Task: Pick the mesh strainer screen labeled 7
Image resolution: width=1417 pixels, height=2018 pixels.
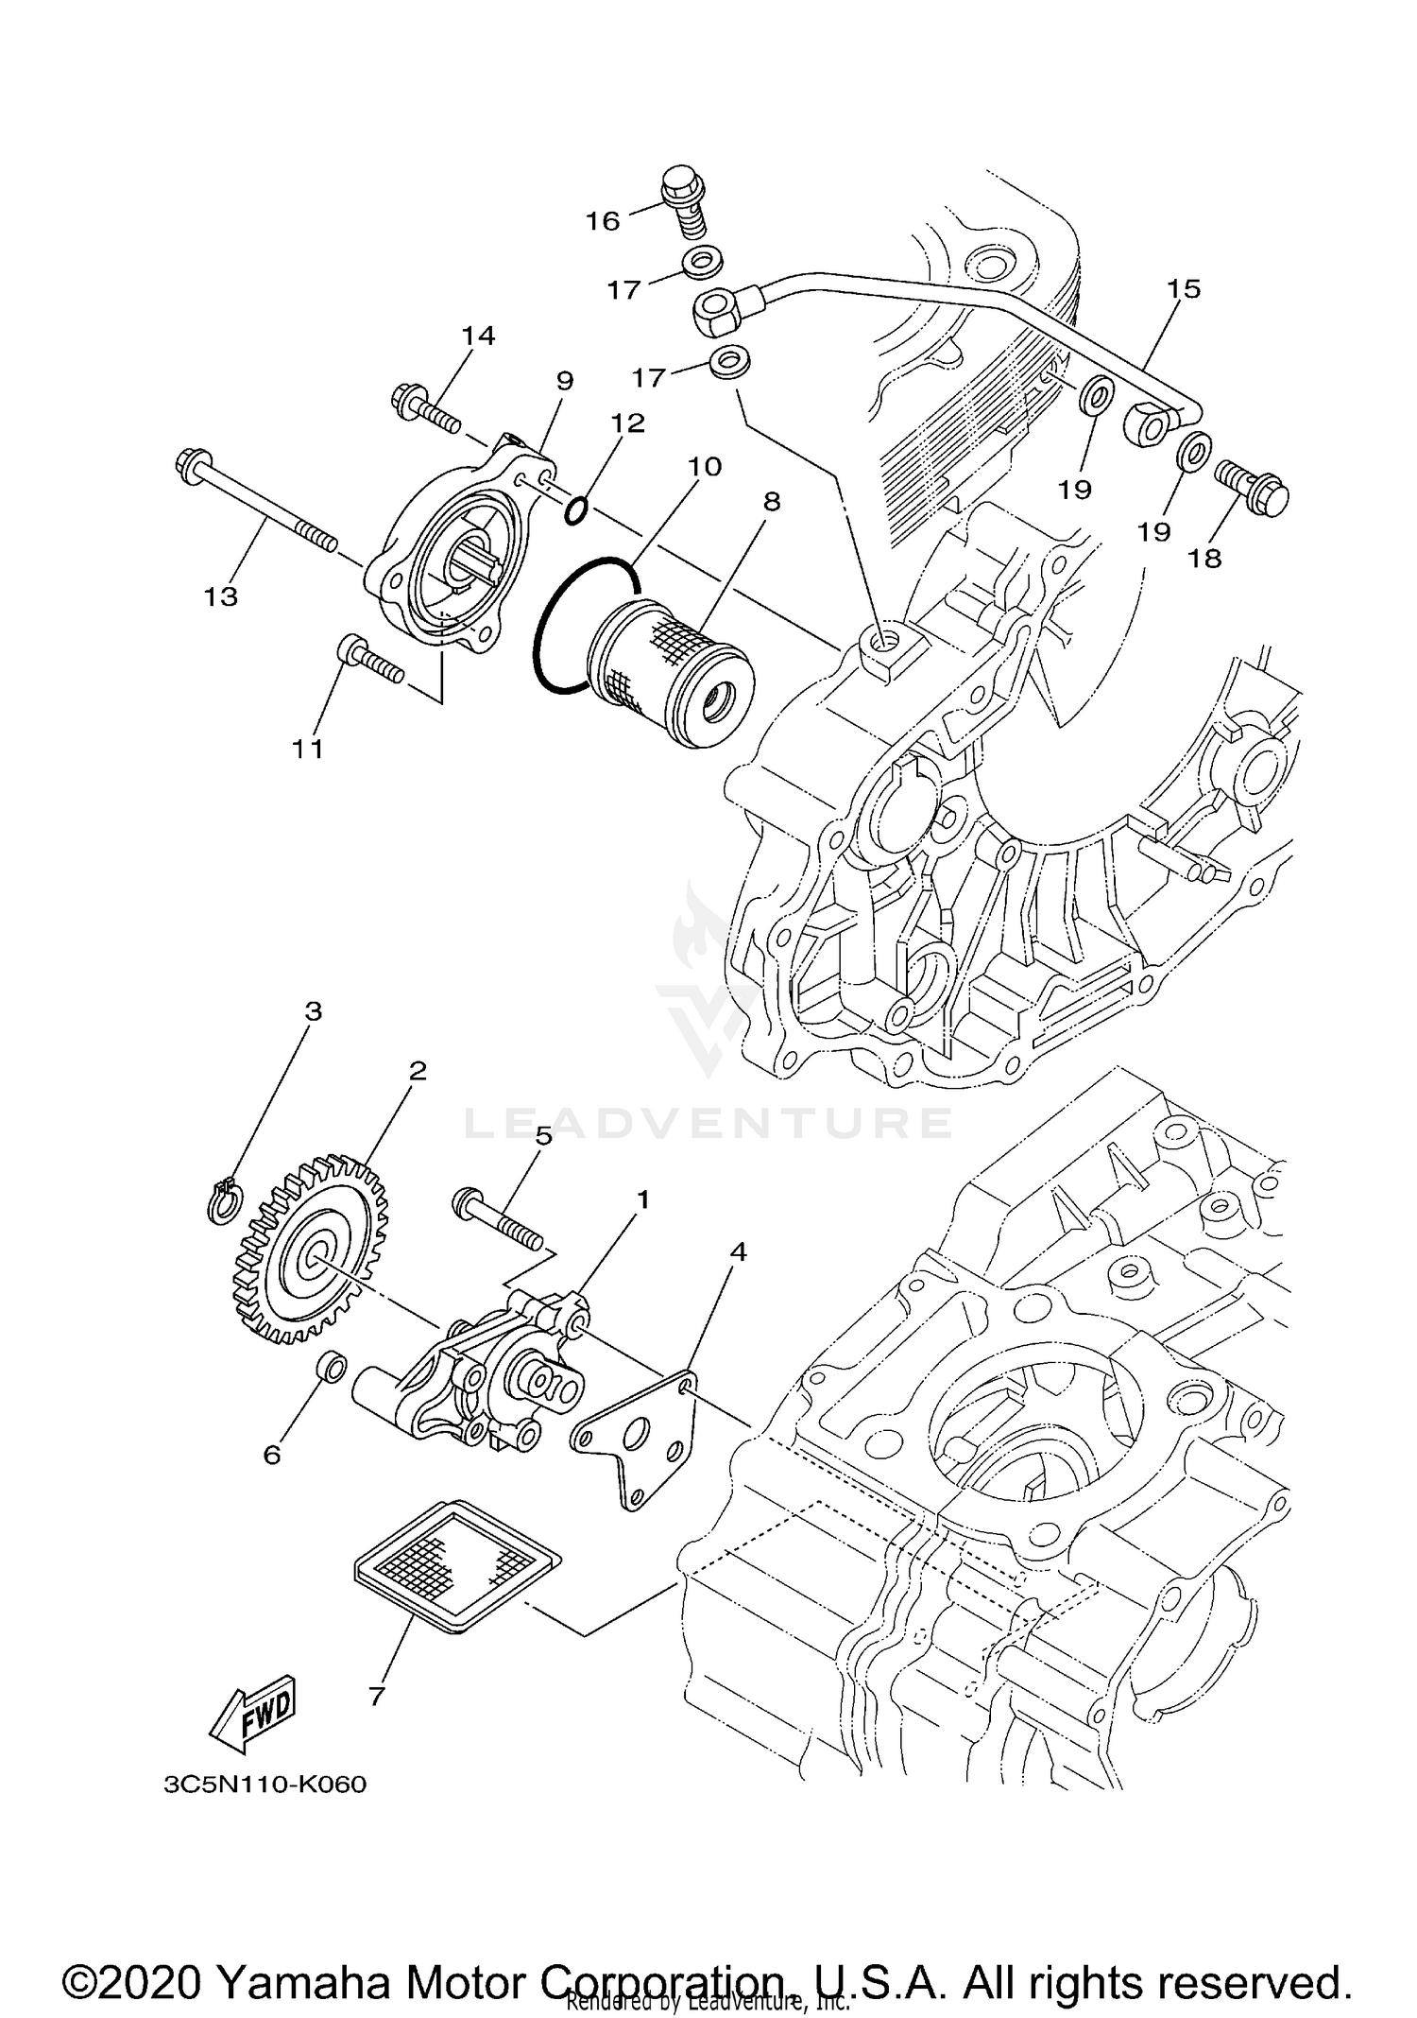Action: [453, 1564]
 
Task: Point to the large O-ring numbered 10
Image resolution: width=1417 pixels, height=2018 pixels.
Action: [582, 624]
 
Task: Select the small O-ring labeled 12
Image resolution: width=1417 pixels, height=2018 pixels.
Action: [577, 511]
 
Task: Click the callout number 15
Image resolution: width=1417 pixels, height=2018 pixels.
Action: [1183, 288]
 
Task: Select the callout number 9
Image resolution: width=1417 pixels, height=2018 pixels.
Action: [564, 381]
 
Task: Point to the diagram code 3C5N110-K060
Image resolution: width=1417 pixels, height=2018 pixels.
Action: [265, 1785]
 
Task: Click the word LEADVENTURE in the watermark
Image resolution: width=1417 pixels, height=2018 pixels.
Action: [708, 1122]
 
